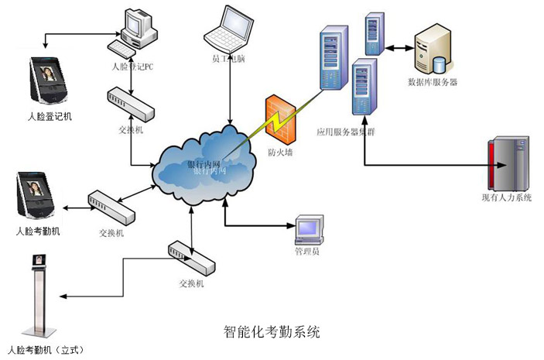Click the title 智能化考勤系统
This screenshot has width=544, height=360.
(x=272, y=332)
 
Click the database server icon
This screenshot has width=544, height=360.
(x=433, y=48)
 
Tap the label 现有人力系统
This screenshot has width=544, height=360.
(x=506, y=199)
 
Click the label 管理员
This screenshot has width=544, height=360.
(x=307, y=252)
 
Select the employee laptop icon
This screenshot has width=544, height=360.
(x=230, y=27)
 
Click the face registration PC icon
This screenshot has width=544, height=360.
(x=139, y=30)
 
